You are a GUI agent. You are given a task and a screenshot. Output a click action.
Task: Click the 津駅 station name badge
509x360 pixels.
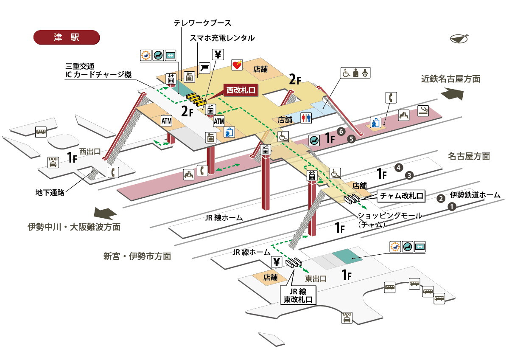[x=66, y=37]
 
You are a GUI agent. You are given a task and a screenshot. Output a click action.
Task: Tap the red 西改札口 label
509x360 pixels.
[x=240, y=90]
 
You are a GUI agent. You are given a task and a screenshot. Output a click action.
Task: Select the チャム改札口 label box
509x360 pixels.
[x=401, y=196]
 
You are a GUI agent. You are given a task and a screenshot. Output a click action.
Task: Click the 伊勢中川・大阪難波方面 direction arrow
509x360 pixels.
[x=106, y=212]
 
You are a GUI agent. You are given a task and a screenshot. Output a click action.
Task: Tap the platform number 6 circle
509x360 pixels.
[x=340, y=131]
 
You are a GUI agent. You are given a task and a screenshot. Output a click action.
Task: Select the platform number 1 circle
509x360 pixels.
[x=452, y=207]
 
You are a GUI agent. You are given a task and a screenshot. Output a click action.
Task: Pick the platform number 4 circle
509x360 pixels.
[x=398, y=167]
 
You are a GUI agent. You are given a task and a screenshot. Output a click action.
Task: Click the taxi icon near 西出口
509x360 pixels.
[x=53, y=162]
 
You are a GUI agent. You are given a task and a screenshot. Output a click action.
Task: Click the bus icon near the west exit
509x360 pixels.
[x=41, y=132]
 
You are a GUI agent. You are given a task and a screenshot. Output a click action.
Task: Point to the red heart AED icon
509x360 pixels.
[x=237, y=65]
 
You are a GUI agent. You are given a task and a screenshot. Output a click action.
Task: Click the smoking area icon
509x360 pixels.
[x=423, y=110]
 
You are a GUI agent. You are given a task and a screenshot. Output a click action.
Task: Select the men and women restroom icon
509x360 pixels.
[x=306, y=118]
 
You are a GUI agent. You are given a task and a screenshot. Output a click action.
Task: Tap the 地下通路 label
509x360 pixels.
[x=50, y=193]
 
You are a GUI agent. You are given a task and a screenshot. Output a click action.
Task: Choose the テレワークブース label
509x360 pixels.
[x=202, y=22]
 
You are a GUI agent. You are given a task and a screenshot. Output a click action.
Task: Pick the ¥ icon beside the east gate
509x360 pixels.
[x=277, y=262]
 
